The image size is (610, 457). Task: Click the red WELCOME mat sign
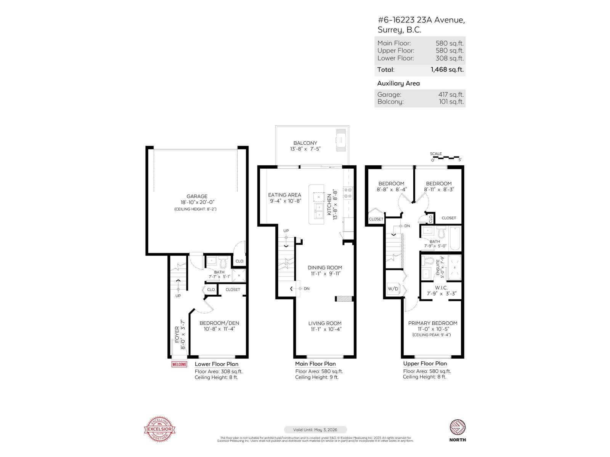pos(179,364)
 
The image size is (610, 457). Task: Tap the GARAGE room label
pos(197,197)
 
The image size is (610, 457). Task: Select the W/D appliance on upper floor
pos(393,289)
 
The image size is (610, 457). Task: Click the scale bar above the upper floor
pos(446,157)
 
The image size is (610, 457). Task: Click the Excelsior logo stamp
pos(160,429)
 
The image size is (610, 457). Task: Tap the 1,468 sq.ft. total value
pos(447,70)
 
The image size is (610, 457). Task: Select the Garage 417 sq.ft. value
pos(451,94)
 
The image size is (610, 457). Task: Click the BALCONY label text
pos(305,143)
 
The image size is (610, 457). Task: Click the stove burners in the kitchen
pos(348,193)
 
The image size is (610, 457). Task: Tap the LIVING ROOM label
pos(325,323)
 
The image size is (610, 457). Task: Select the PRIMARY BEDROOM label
pos(432,323)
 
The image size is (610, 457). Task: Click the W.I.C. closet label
pos(441,288)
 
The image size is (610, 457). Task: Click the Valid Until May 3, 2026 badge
pos(315,430)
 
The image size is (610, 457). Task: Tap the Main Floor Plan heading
pos(315,364)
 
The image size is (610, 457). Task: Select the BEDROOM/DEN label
pos(219,323)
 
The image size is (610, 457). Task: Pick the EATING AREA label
pos(284,195)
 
